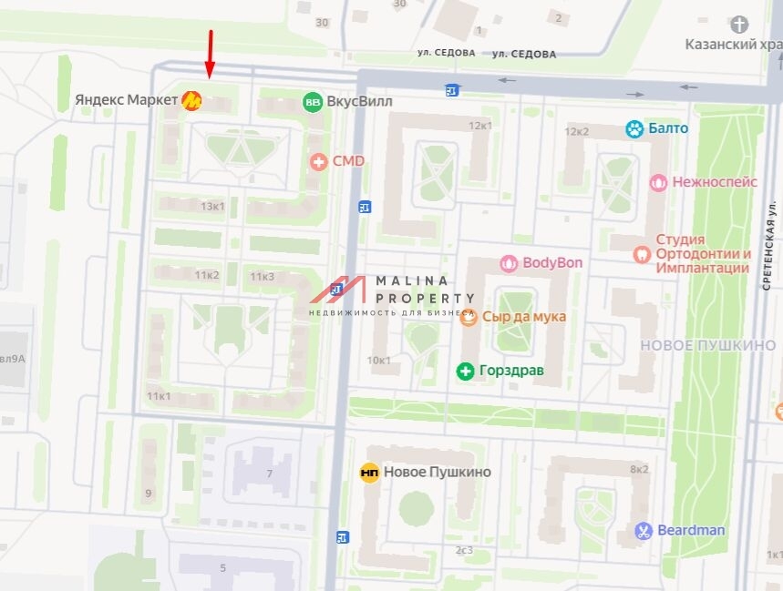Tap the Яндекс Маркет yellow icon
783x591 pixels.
click(x=191, y=101)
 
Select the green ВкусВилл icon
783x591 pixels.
click(x=313, y=102)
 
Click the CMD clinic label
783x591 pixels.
click(x=348, y=161)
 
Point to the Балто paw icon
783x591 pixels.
click(x=634, y=128)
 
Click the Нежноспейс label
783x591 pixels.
click(x=715, y=182)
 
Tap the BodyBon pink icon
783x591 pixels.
click(x=509, y=263)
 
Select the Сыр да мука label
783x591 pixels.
click(x=523, y=317)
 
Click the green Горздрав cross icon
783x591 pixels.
click(x=465, y=371)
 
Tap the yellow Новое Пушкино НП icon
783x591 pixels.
click(x=369, y=472)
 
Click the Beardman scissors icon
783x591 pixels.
click(x=644, y=530)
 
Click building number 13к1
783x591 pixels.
click(x=212, y=207)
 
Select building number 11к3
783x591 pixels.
click(x=263, y=276)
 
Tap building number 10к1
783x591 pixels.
click(x=378, y=360)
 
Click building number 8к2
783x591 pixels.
click(x=639, y=469)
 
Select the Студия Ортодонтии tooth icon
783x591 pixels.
click(x=641, y=254)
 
